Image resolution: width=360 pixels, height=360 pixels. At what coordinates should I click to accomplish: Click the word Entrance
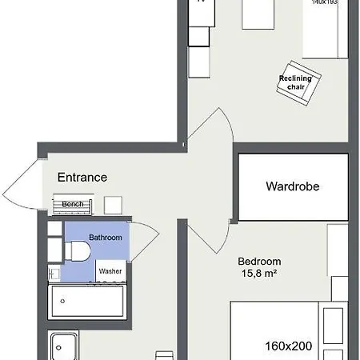pyautogui.click(x=82, y=177)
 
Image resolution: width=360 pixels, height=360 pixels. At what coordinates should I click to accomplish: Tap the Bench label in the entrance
pyautogui.click(x=73, y=205)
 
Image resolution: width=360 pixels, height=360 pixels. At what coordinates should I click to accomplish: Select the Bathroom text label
pyautogui.click(x=106, y=238)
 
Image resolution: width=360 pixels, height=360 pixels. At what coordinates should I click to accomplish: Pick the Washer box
pyautogui.click(x=110, y=271)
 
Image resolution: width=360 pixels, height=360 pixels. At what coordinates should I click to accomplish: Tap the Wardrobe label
pyautogui.click(x=293, y=187)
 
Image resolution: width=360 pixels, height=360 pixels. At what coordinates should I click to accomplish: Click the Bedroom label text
pyautogui.click(x=260, y=262)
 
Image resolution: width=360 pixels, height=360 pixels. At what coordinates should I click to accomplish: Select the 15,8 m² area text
pyautogui.click(x=260, y=275)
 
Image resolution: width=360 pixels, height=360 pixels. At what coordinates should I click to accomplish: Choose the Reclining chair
pyautogui.click(x=299, y=82)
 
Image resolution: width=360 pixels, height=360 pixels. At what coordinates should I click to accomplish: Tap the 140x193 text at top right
pyautogui.click(x=326, y=3)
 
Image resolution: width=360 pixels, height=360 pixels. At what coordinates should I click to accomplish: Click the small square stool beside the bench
pyautogui.click(x=113, y=205)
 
